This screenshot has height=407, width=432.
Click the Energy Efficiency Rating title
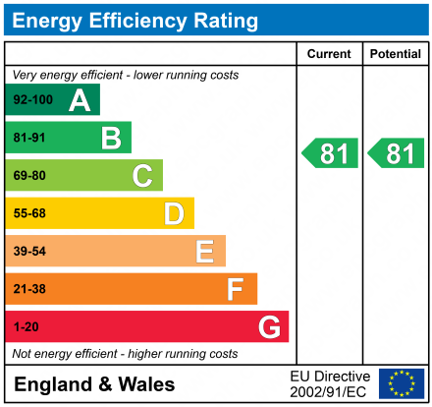pyautogui.click(x=136, y=20)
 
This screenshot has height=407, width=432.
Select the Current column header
pyautogui.click(x=330, y=54)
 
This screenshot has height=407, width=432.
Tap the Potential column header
pyautogui.click(x=395, y=54)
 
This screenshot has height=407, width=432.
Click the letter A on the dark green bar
pyautogui.click(x=80, y=100)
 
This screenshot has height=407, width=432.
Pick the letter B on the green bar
pyautogui.click(x=111, y=138)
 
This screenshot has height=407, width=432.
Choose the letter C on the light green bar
pyautogui.click(x=142, y=176)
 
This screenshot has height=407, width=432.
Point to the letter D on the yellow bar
pyautogui.click(x=174, y=213)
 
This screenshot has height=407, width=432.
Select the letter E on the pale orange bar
pyautogui.click(x=205, y=252)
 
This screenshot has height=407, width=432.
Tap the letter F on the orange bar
pyautogui.click(x=236, y=289)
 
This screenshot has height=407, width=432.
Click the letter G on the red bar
pyautogui.click(x=268, y=326)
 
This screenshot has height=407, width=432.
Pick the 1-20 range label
pyautogui.click(x=25, y=326)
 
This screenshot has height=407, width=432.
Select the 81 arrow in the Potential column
pyautogui.click(x=397, y=153)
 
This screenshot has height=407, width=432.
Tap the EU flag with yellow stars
pyautogui.click(x=401, y=383)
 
